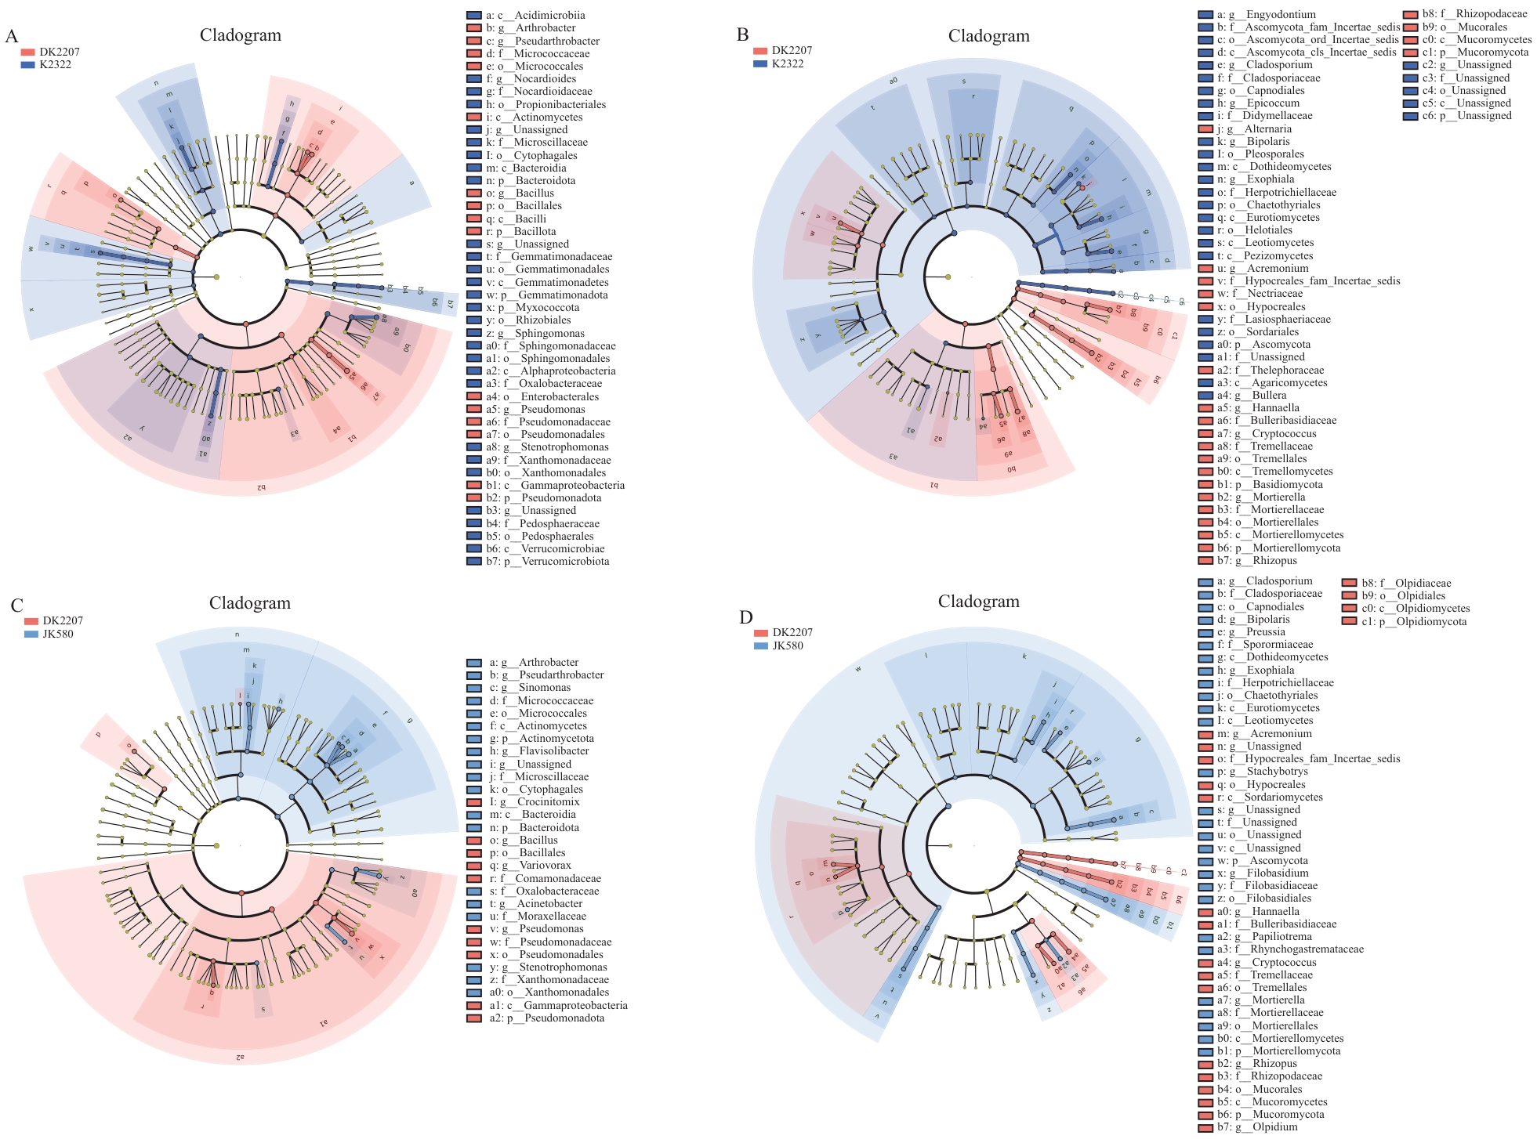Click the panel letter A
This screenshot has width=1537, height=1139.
(12, 36)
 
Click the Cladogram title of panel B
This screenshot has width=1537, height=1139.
(988, 36)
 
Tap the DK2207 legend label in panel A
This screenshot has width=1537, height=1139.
(60, 52)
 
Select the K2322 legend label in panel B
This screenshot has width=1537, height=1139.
(788, 63)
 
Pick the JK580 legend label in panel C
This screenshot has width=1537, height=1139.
(57, 634)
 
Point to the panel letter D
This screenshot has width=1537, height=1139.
(745, 617)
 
